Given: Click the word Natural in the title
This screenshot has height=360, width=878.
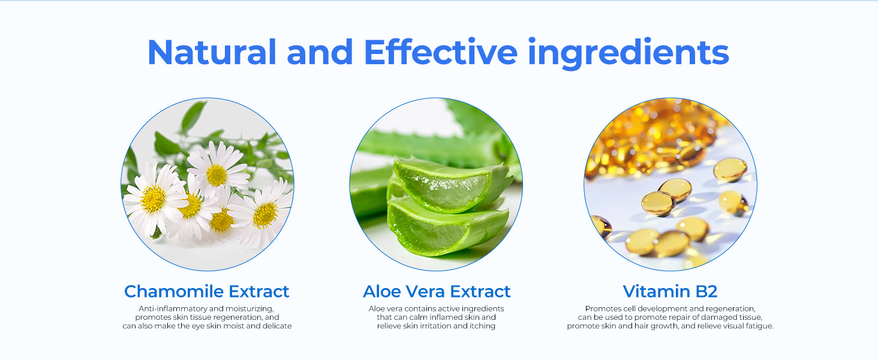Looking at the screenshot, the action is click(x=212, y=52).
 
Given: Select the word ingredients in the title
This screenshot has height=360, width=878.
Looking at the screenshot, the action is click(x=629, y=54).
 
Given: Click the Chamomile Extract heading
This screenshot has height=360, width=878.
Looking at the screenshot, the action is click(x=206, y=292).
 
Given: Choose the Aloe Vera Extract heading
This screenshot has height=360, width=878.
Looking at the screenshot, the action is click(x=437, y=292).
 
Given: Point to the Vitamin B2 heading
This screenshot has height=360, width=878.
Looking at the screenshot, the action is click(x=670, y=292).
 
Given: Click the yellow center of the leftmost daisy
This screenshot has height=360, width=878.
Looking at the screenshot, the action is click(x=153, y=199).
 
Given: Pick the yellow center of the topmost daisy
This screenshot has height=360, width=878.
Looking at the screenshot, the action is click(x=217, y=175).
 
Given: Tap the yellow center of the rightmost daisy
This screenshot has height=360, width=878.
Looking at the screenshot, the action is click(x=265, y=215).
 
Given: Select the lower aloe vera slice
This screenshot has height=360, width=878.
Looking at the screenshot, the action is click(x=447, y=227).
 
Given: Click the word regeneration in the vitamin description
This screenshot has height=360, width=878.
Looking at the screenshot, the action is click(x=732, y=308).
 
